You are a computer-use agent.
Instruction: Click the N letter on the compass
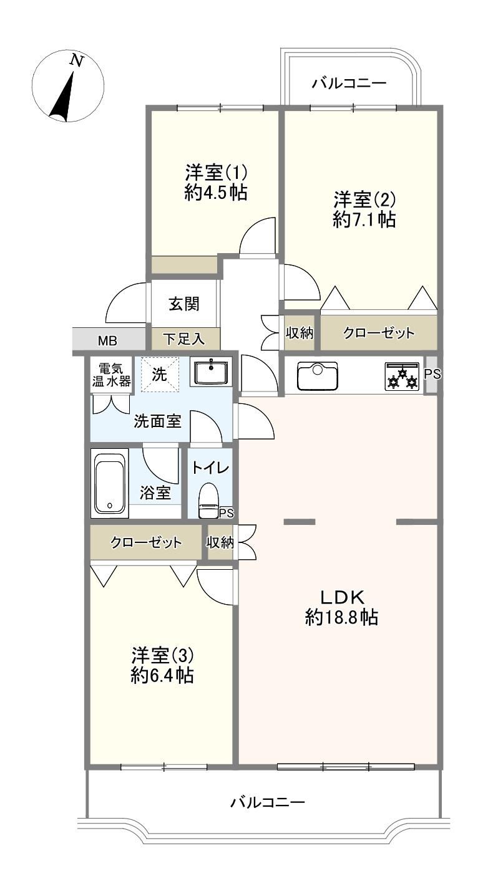point(77,60)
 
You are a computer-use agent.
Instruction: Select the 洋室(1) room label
point(216,173)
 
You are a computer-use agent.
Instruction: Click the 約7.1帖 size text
point(364,219)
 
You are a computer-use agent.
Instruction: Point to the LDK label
point(341,598)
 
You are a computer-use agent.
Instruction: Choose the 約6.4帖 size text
point(162,675)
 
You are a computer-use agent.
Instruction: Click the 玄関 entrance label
point(183,304)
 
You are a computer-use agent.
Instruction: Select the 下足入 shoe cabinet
point(185,339)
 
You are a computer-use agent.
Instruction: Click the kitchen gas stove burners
point(403,377)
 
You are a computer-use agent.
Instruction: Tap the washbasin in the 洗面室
point(210,372)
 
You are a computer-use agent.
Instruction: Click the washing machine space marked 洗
point(160,374)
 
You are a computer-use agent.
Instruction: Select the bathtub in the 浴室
point(109,483)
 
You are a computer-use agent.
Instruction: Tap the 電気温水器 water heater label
point(111,375)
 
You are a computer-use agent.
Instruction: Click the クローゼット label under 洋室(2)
point(379,333)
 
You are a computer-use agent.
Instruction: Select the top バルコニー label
point(349,84)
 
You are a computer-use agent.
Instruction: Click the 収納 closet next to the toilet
point(220,542)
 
